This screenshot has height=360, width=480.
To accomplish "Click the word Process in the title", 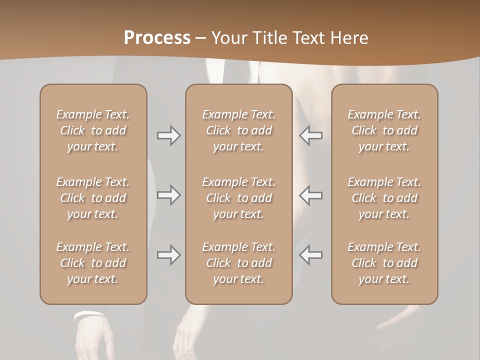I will (157, 37).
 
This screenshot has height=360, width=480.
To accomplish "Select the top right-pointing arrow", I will (168, 135).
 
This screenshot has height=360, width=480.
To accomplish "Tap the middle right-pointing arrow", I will (168, 195).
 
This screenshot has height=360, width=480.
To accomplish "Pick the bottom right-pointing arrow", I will (168, 255).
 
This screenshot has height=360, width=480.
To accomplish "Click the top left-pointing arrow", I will (310, 135).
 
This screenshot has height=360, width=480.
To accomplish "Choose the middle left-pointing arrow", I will (310, 195).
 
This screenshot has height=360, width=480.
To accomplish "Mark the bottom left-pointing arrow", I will (310, 255).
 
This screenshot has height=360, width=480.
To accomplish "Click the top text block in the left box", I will (93, 130).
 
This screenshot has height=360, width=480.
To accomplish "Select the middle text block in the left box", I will (93, 198).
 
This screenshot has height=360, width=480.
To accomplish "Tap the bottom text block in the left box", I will (93, 263).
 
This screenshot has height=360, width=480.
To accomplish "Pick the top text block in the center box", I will (238, 130).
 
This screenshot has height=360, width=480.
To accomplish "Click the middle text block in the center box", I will (238, 198).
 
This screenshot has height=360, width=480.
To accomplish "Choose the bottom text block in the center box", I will (238, 263).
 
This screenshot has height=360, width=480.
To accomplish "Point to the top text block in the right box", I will (384, 130).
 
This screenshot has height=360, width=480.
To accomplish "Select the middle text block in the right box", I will (384, 198).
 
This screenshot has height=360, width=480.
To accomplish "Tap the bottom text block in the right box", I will (384, 263).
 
